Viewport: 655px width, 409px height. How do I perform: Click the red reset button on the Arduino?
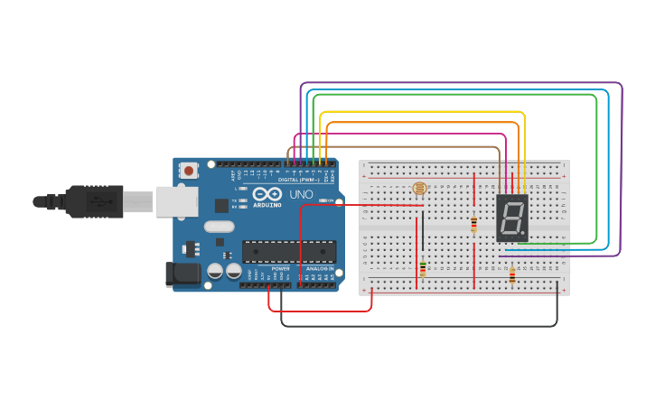(189, 170)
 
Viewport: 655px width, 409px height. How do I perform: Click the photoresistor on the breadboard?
(418, 189)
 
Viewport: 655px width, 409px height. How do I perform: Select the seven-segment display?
(511, 218)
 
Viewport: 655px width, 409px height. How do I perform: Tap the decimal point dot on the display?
(522, 234)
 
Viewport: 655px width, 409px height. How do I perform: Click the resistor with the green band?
(422, 268)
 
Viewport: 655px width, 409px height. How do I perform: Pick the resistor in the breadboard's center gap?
(473, 225)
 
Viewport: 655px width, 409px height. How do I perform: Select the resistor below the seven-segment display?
(513, 275)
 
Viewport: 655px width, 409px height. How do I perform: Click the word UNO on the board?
(297, 194)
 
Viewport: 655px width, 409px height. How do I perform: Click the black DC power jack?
(182, 274)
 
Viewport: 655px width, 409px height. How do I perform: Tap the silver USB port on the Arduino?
(176, 201)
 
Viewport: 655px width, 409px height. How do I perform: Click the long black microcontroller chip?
(288, 251)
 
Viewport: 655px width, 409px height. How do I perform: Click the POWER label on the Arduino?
(280, 268)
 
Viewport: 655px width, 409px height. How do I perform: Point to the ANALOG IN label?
(318, 268)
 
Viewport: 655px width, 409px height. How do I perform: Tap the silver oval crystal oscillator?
(219, 227)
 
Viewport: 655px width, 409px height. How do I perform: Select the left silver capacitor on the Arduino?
(216, 271)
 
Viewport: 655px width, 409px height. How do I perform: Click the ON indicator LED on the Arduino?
(331, 200)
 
